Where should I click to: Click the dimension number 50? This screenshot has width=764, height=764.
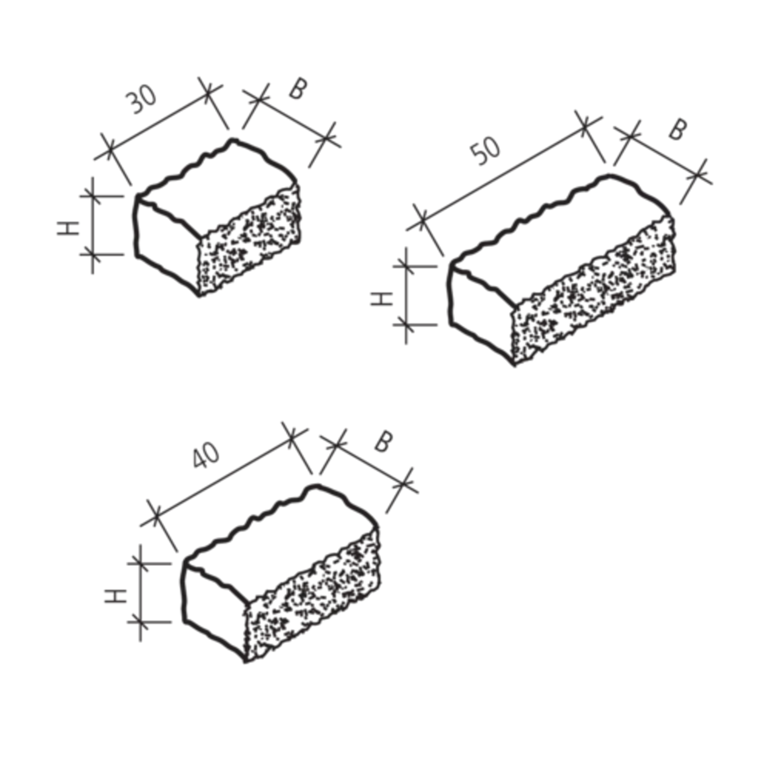point(484,152)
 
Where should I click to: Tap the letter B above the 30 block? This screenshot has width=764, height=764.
point(298,89)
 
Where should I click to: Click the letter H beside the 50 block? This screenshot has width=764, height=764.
point(382,298)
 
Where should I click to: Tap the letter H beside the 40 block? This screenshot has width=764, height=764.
point(116,596)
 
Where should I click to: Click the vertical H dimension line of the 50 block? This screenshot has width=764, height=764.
point(406,296)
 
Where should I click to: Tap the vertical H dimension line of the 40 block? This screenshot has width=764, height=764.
point(140,593)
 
